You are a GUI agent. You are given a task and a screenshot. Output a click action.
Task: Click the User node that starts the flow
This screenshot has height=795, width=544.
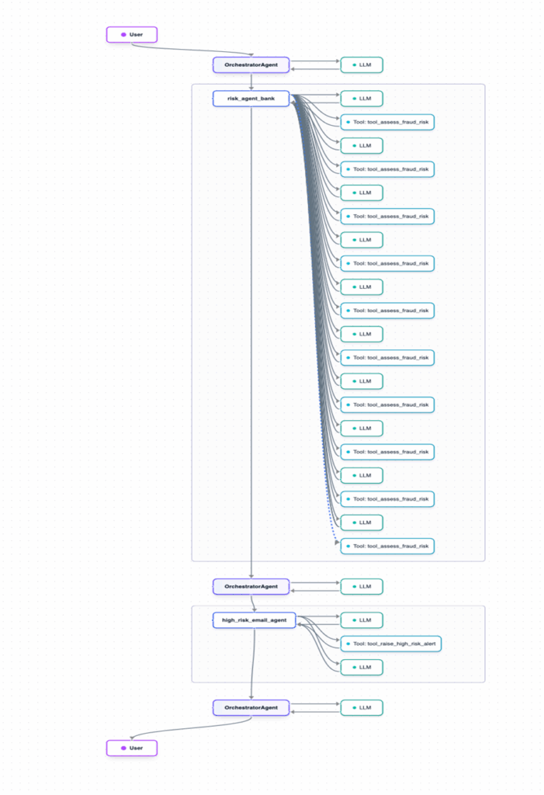132,34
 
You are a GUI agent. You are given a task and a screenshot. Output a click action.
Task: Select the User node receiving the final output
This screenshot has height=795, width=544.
132,748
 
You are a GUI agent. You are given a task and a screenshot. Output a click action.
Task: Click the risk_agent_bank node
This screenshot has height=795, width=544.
251,99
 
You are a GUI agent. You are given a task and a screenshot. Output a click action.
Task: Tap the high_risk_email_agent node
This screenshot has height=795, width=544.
254,620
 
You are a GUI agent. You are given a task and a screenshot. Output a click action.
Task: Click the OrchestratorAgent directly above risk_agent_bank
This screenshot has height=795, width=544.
251,64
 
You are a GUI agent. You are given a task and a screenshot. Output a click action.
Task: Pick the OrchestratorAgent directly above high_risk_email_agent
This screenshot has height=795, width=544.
251,586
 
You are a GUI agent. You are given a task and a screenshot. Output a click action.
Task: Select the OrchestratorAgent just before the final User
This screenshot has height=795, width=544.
251,707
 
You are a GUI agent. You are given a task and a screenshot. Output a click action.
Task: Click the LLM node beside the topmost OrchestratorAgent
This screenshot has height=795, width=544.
362,64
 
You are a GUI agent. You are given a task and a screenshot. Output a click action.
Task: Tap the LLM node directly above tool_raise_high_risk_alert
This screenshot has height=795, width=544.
362,620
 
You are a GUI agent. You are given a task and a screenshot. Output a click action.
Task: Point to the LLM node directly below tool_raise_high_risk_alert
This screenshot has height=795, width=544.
362,667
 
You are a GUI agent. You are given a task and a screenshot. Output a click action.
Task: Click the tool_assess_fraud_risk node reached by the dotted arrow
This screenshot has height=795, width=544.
387,546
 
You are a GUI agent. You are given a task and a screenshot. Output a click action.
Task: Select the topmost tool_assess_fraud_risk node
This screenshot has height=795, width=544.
387,122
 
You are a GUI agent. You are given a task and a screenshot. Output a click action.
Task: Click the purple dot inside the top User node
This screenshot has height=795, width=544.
123,34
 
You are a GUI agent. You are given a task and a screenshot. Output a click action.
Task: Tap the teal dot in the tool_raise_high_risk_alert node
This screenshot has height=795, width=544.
348,644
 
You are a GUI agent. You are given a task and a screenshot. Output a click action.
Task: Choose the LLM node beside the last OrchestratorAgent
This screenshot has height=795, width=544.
362,707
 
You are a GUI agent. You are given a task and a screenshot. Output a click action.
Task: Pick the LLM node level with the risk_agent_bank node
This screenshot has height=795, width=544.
362,99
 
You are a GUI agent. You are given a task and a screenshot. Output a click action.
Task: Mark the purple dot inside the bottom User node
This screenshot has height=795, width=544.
123,748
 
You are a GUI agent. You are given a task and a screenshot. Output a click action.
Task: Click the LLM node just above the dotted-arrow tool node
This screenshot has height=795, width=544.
362,522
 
